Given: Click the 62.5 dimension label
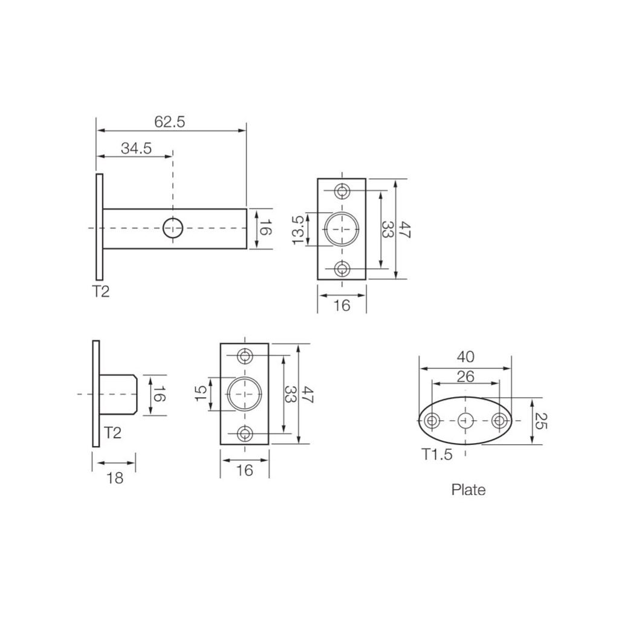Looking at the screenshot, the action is [170, 122].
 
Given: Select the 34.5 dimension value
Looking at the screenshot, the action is [136, 149].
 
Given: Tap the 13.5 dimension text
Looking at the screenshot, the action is [298, 230].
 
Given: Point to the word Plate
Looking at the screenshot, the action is [468, 490].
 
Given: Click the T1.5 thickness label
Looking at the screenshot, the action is [437, 455].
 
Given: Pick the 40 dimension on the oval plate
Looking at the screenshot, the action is [465, 357].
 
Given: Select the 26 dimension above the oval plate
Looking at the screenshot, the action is [465, 377].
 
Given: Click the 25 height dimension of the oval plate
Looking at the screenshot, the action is [542, 421].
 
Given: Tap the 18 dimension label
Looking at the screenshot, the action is [115, 478].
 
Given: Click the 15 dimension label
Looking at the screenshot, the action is [201, 393].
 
